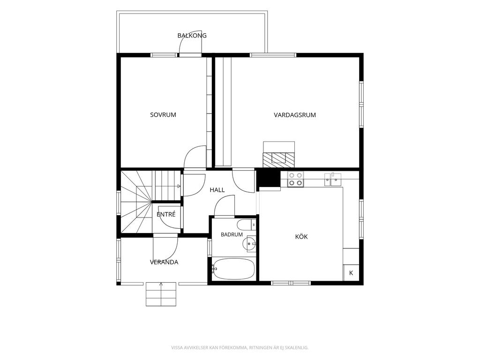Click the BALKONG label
tap(192, 36)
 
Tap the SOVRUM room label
tap(163, 115)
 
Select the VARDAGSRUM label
tap(295, 115)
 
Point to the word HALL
tap(217, 190)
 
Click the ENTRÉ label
tap(166, 214)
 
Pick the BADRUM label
tap(232, 234)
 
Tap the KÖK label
tap(301, 236)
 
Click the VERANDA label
tap(164, 262)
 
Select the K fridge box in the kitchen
tap(351, 273)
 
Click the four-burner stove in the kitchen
tap(295, 179)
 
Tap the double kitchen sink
tap(333, 179)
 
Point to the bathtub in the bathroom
tap(233, 269)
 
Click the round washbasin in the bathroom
tap(249, 244)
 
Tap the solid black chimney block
tap(269, 178)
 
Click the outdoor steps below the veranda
tap(161, 294)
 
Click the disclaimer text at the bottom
tap(240, 347)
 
